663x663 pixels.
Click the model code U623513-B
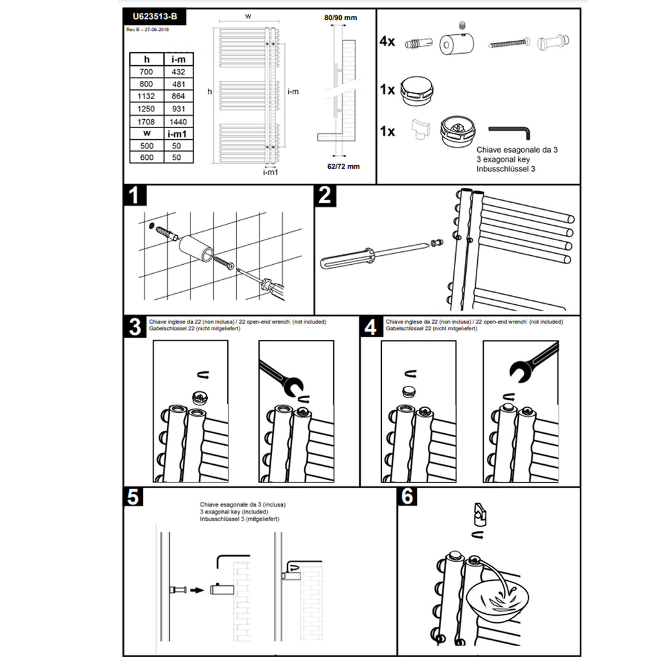coord(154,17)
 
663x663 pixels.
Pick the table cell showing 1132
coord(146,96)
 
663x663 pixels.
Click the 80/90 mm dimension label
coord(341,17)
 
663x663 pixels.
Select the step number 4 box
coord(370,327)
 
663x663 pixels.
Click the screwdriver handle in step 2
coord(346,260)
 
